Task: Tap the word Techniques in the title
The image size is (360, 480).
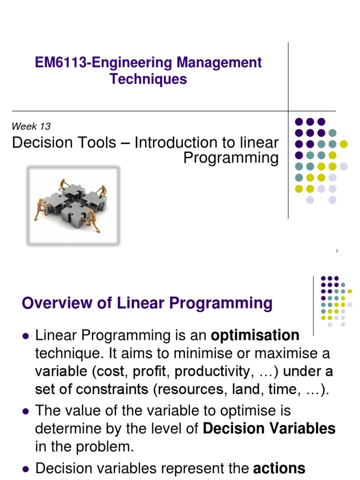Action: coord(148,79)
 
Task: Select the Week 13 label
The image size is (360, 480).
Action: coord(31,126)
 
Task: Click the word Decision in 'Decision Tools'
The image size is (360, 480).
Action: coord(39,142)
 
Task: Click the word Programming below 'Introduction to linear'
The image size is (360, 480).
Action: coord(231,158)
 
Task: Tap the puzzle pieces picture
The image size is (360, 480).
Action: coord(73,206)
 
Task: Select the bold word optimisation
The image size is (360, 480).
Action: coord(255,335)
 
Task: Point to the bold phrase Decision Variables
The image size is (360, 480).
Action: coord(270,428)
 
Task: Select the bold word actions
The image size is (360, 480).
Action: coord(279,468)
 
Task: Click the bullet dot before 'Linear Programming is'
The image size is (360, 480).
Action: coord(26,336)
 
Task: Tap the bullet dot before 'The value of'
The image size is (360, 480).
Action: coord(26,411)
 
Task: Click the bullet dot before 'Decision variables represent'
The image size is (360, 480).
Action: coord(26,468)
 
